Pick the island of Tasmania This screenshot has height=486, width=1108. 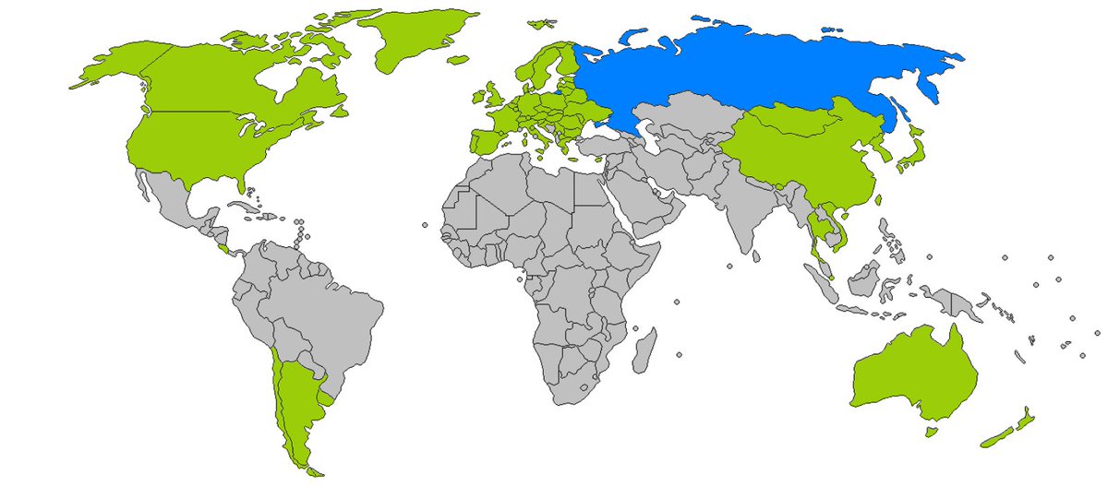pyautogui.click(x=931, y=431)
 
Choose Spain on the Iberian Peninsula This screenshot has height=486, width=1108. pyautogui.click(x=485, y=143)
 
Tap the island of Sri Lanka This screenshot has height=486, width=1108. pyautogui.click(x=756, y=249)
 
